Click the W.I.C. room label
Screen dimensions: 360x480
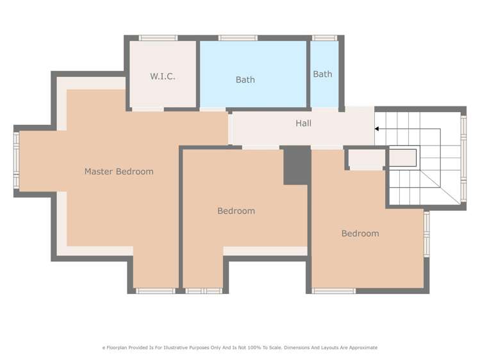163,76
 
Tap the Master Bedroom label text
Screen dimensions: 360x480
119,172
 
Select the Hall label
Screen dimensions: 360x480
304,123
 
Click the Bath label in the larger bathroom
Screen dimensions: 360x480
245,80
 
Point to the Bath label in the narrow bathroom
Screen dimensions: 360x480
322,74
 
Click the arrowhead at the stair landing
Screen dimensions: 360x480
377,129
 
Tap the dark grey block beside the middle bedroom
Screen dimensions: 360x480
296,166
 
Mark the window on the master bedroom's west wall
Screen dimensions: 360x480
17,160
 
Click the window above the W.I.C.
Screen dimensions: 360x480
158,38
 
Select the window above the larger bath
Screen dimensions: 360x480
238,38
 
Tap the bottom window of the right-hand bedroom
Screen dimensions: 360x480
333,291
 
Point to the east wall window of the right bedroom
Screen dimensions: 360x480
427,234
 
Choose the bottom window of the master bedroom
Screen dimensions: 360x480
155,291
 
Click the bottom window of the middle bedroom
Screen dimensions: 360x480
204,291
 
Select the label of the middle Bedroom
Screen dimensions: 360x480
236,211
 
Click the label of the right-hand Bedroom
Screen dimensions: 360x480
360,234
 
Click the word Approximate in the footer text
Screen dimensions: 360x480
361,348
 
